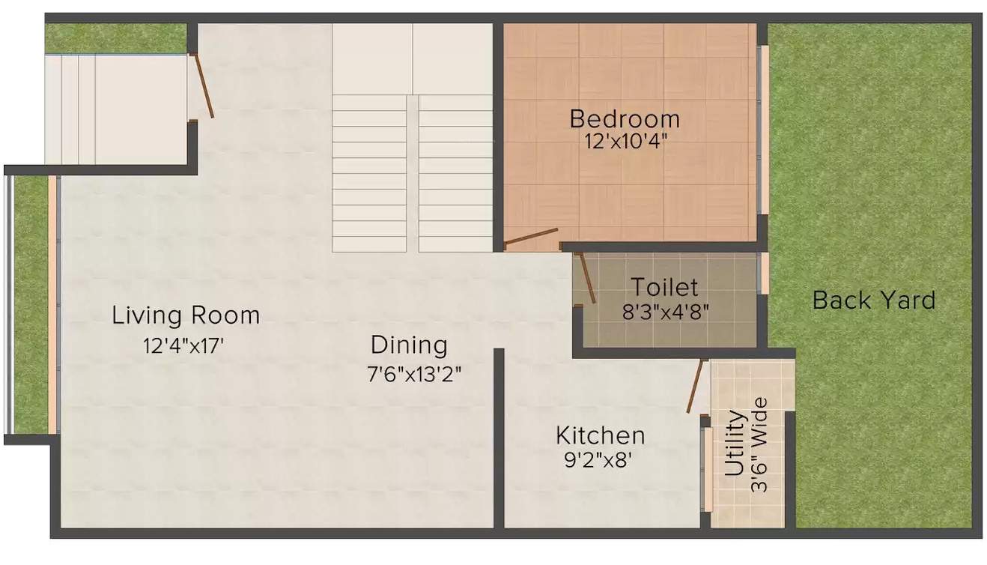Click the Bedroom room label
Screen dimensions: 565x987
tap(625, 118)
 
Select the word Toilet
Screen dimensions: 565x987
tap(663, 287)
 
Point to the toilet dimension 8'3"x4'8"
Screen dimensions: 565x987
tap(665, 310)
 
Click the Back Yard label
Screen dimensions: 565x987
tap(874, 300)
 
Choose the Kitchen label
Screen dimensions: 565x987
tap(600, 435)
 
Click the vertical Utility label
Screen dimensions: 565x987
tap(735, 444)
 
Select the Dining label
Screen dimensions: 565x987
tap(409, 345)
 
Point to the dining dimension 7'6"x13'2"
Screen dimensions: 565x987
tap(419, 372)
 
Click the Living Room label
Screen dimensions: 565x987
tap(186, 315)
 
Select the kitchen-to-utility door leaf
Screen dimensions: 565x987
tap(695, 386)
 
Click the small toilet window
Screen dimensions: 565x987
tap(764, 274)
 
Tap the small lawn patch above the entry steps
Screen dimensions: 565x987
tap(115, 38)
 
